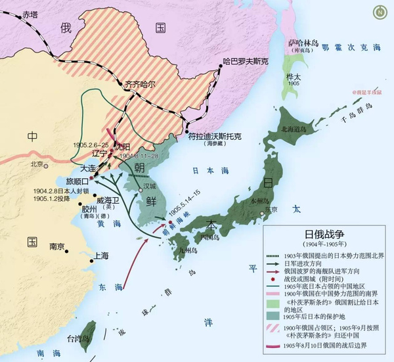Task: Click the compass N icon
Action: pos(380,11)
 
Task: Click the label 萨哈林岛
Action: pos(302,43)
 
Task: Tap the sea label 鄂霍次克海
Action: pos(353,48)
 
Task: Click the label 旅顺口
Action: pos(75,180)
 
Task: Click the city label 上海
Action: pos(101,257)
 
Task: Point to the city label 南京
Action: pos(56,246)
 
